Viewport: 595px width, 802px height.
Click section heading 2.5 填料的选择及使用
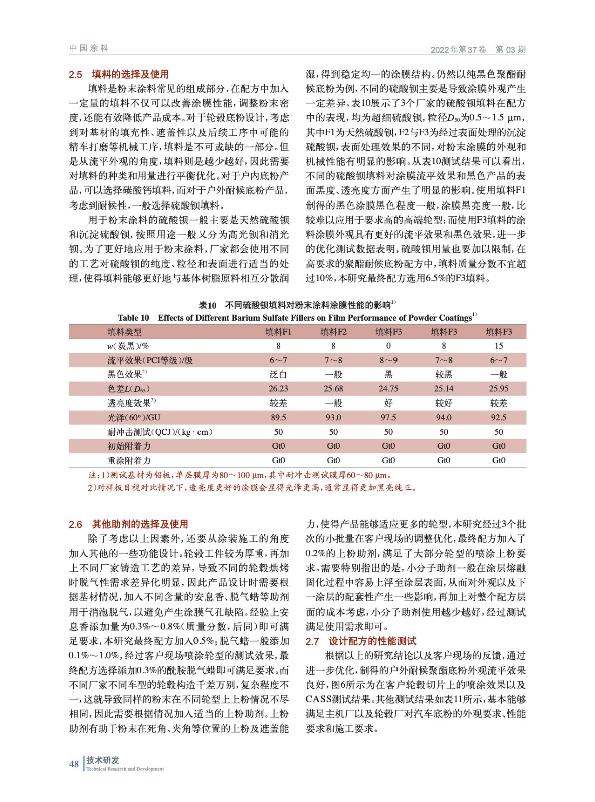point(119,74)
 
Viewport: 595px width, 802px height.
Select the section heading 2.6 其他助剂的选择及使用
point(128,524)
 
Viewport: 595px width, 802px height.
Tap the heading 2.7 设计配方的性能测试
point(360,641)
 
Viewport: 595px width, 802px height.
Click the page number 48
point(74,764)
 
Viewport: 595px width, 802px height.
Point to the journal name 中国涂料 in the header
point(89,48)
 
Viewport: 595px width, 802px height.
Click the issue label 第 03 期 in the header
point(510,49)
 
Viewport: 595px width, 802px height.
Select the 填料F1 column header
point(278,332)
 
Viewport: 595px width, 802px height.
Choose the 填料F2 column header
point(333,332)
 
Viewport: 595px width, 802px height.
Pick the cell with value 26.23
point(278,388)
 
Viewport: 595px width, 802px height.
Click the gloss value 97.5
point(388,417)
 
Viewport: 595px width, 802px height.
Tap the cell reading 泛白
point(278,374)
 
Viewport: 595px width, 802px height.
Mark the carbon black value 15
point(499,346)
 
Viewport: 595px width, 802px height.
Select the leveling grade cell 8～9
point(388,360)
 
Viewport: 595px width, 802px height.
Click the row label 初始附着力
point(129,446)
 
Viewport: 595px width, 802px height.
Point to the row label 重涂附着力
point(129,460)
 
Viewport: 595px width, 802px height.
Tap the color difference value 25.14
point(444,388)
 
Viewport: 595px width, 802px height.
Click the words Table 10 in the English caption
point(133,318)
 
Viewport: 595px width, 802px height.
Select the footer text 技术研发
point(103,760)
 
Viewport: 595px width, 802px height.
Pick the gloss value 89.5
point(278,417)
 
